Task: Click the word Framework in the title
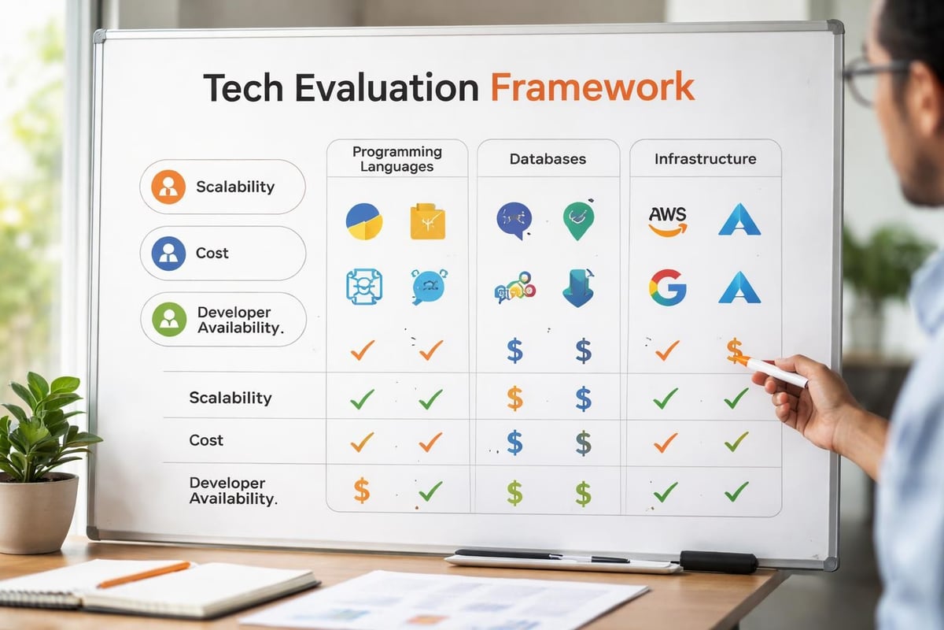pos(592,87)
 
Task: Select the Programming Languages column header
pos(396,158)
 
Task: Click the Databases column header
pos(548,158)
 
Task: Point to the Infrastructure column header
pos(705,158)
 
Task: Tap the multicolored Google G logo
pos(667,287)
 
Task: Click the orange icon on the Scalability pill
pos(168,187)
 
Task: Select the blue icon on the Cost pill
pos(168,253)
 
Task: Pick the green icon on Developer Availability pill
pos(168,319)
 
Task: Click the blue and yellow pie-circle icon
pos(363,221)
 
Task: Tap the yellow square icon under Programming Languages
pos(427,221)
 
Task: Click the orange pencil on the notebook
pos(143,574)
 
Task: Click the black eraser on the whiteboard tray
pos(717,561)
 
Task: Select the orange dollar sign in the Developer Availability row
pos(361,491)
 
